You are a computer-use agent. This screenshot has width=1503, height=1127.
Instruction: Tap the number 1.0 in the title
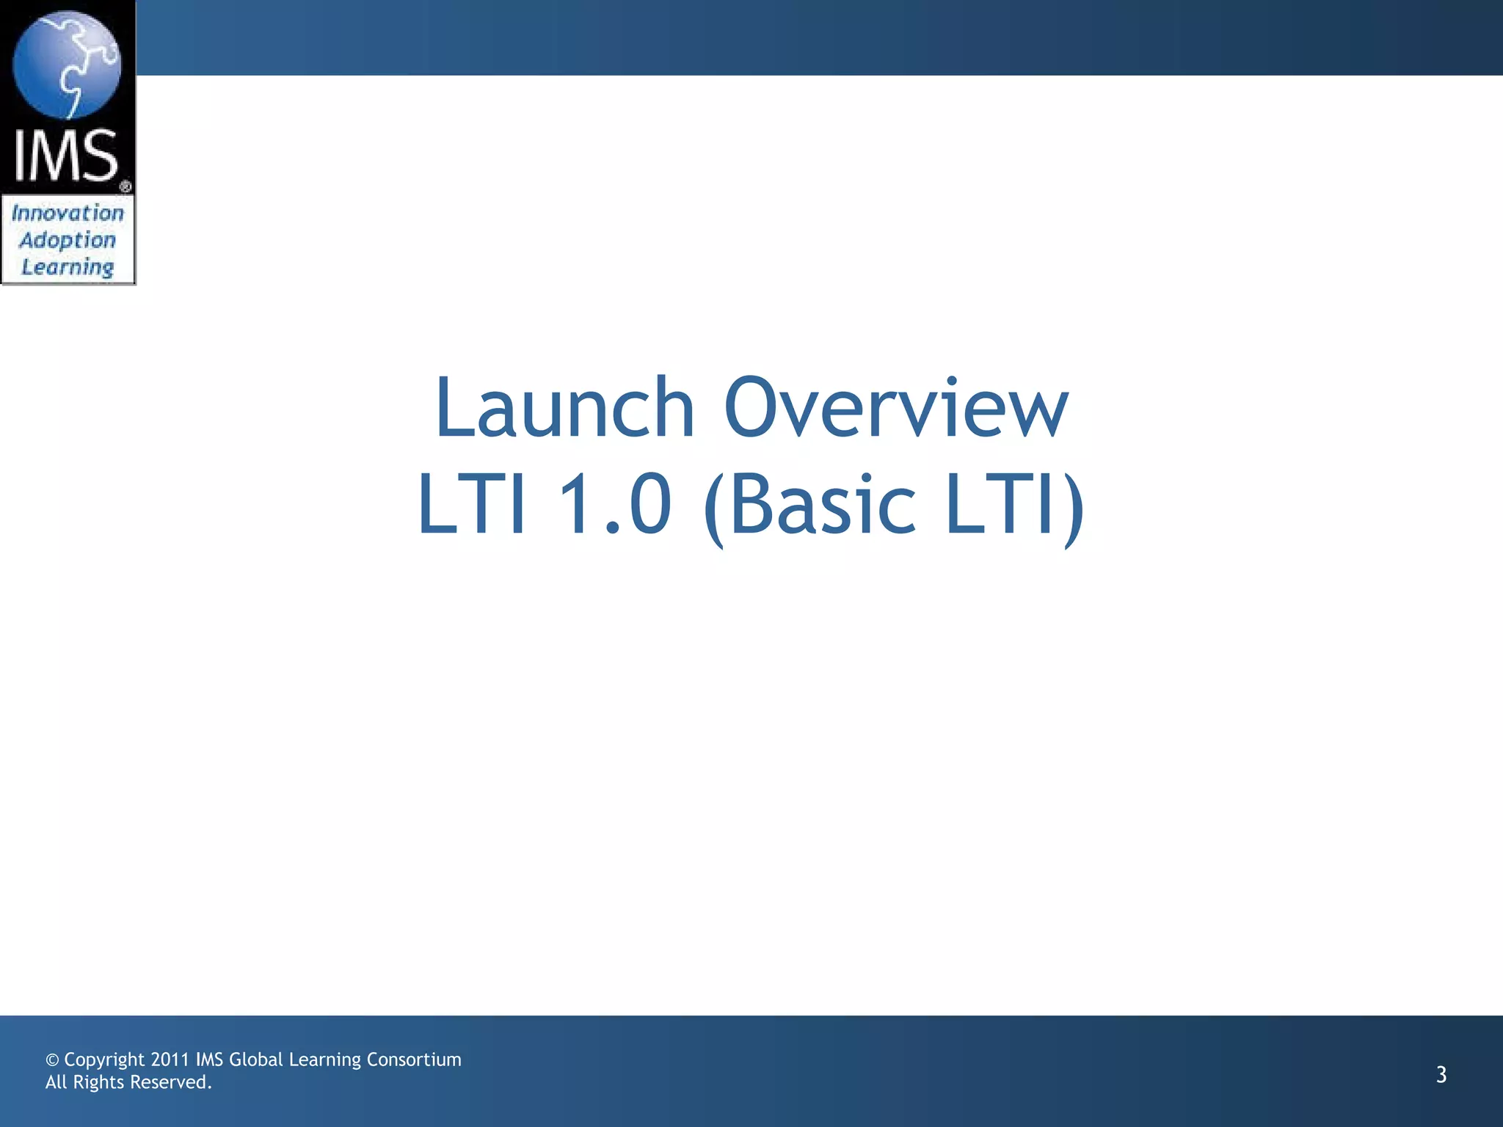615,505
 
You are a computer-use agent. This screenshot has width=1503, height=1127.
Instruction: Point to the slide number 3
1441,1075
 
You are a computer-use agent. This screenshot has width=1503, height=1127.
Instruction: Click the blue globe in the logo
67,65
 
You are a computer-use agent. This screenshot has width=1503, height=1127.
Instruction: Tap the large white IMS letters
66,156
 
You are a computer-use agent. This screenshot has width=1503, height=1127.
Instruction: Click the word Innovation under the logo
68,214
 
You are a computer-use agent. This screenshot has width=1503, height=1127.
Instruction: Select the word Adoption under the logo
68,241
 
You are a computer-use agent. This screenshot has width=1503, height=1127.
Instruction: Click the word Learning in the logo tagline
68,267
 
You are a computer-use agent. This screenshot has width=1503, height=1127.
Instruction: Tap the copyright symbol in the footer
52,1060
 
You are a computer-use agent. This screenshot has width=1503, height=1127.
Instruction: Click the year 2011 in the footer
170,1059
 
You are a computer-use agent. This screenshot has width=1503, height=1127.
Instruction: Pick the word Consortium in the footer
413,1059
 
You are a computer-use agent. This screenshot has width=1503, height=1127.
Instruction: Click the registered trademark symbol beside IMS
125,186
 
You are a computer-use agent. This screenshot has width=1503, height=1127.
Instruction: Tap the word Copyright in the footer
104,1060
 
